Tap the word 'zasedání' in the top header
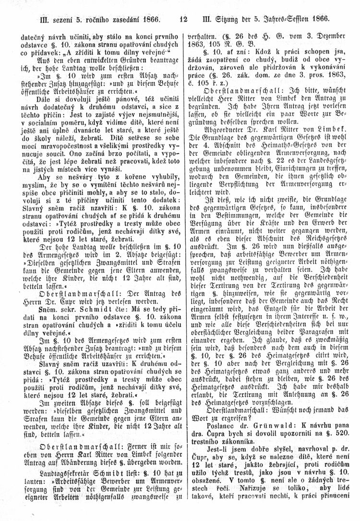point(117,20)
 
